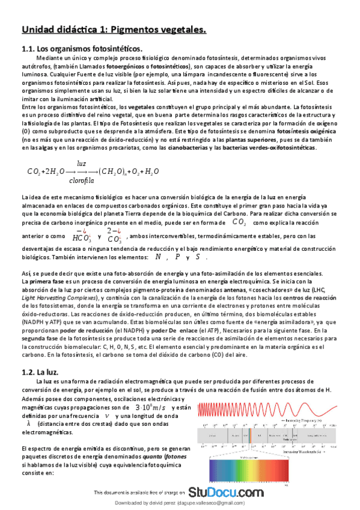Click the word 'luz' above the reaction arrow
click(x=81, y=163)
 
